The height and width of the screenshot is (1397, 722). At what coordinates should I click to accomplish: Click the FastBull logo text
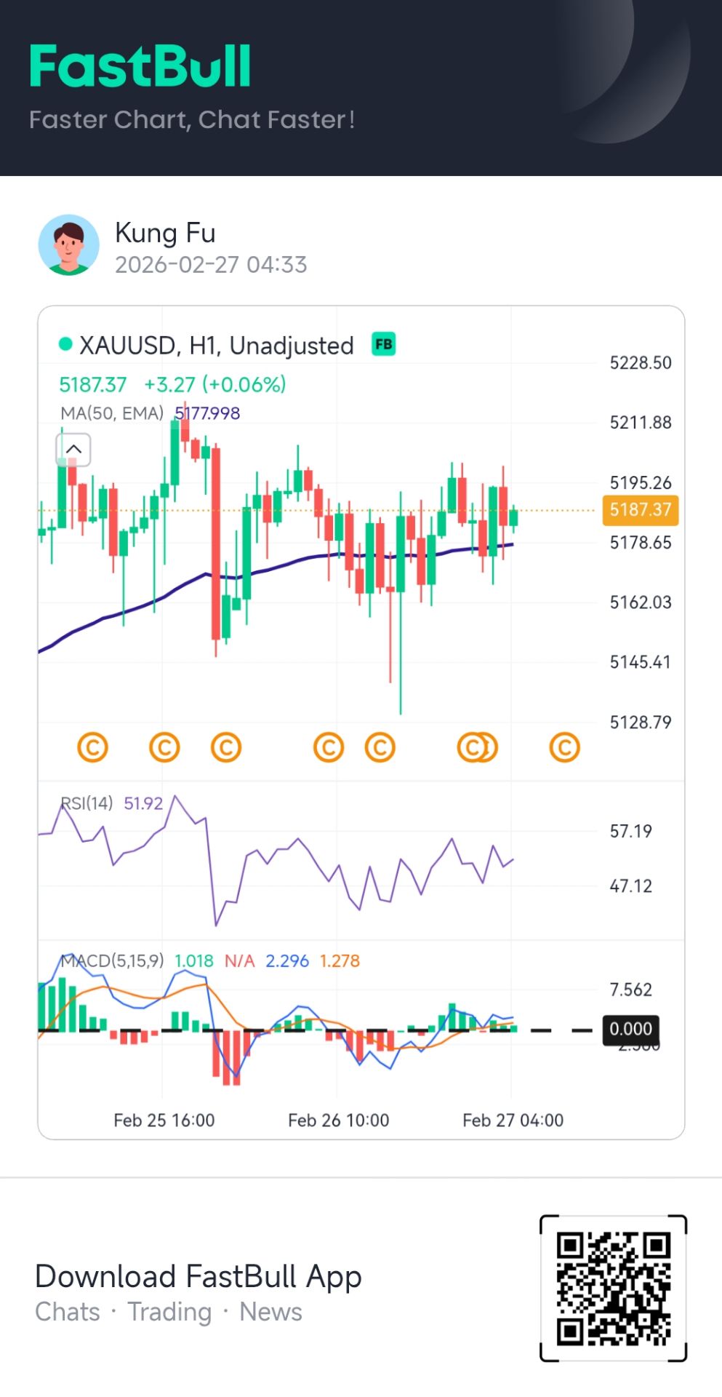[x=140, y=67]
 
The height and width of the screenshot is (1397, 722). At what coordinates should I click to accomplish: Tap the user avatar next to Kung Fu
[x=69, y=245]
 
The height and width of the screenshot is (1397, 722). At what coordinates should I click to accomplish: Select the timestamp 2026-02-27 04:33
[x=211, y=265]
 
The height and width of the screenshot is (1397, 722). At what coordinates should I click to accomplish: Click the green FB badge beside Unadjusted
[x=383, y=344]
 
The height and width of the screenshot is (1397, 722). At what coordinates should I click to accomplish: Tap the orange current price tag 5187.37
[x=640, y=510]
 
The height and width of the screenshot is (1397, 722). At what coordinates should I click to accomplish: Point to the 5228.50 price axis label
[x=640, y=363]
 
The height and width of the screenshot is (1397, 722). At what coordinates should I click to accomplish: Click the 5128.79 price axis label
[x=640, y=723]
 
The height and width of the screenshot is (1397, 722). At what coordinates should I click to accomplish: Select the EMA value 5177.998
[x=207, y=414]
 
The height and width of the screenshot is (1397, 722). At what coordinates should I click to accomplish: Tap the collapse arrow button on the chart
[x=73, y=450]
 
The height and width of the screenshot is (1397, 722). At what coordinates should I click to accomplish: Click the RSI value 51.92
[x=143, y=803]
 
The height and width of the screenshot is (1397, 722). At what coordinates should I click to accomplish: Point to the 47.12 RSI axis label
[x=630, y=886]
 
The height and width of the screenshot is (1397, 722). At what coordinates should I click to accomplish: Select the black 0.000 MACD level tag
[x=630, y=1030]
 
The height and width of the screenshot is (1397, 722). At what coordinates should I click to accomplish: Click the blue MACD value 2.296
[x=287, y=961]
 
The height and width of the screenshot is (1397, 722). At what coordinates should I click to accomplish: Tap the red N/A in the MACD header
[x=239, y=961]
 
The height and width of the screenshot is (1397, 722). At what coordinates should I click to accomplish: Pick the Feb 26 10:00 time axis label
[x=338, y=1121]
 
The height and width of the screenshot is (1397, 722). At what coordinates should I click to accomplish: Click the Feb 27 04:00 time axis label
[x=513, y=1121]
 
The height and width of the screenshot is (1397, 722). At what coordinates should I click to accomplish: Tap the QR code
[x=613, y=1288]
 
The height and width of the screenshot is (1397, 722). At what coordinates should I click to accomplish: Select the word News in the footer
[x=270, y=1312]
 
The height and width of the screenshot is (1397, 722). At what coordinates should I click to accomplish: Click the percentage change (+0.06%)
[x=244, y=384]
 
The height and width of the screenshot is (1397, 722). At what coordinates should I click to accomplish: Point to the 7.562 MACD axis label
[x=630, y=990]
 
